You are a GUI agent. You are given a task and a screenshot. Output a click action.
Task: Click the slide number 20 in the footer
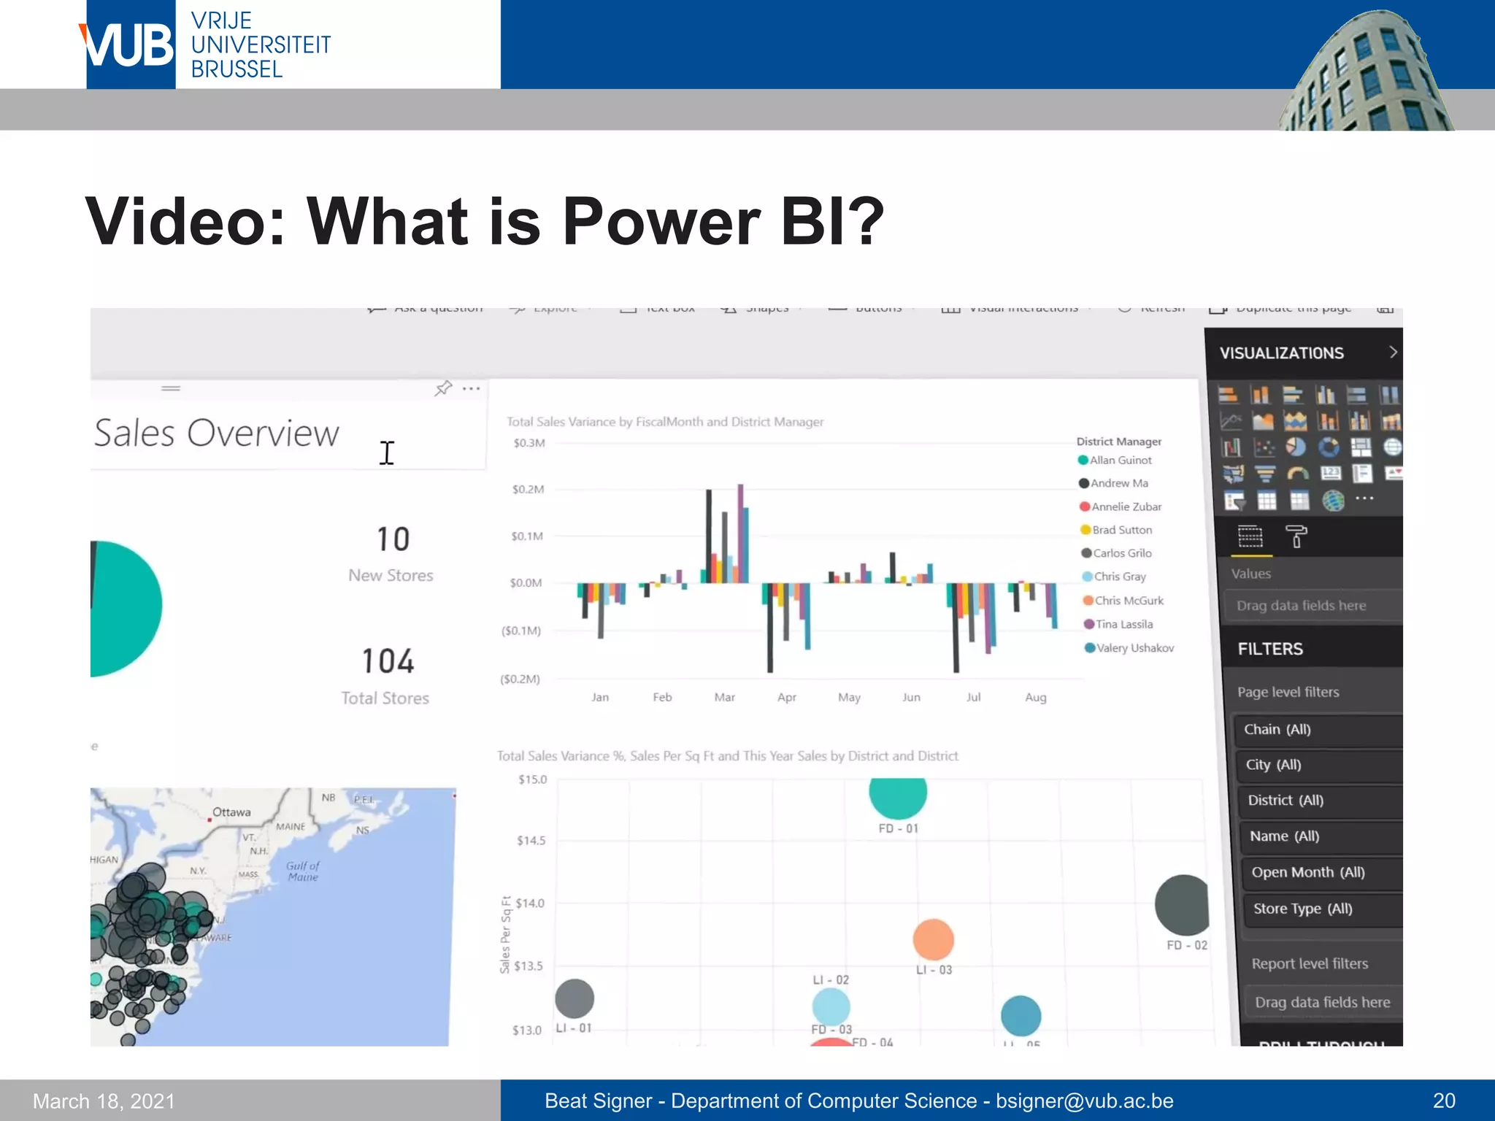(1444, 1101)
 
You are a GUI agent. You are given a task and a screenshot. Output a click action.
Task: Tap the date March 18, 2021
(104, 1101)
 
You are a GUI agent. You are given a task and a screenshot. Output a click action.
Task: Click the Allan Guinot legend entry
(1120, 460)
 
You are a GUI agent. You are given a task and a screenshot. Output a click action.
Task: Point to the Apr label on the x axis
(786, 697)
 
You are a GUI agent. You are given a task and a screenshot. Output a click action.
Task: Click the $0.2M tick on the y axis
(528, 489)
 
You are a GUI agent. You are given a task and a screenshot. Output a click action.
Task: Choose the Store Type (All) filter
(1302, 909)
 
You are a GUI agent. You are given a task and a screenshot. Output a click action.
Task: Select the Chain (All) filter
(1277, 729)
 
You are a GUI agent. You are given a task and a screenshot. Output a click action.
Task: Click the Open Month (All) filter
(1307, 872)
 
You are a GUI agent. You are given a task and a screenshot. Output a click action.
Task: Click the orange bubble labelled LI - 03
(933, 939)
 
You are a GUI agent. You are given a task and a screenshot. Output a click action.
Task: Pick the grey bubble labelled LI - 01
(574, 998)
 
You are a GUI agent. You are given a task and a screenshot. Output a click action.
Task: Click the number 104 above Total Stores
(388, 661)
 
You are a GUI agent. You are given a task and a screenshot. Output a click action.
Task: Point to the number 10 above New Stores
(393, 539)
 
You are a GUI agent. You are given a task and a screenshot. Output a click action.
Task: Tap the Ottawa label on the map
(231, 812)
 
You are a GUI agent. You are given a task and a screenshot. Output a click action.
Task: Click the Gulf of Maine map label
(303, 871)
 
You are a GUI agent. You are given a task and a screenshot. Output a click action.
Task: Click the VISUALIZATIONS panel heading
(1281, 353)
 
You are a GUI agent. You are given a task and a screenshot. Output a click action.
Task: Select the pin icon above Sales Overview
(443, 388)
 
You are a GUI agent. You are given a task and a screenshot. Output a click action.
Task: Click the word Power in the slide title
(661, 220)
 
